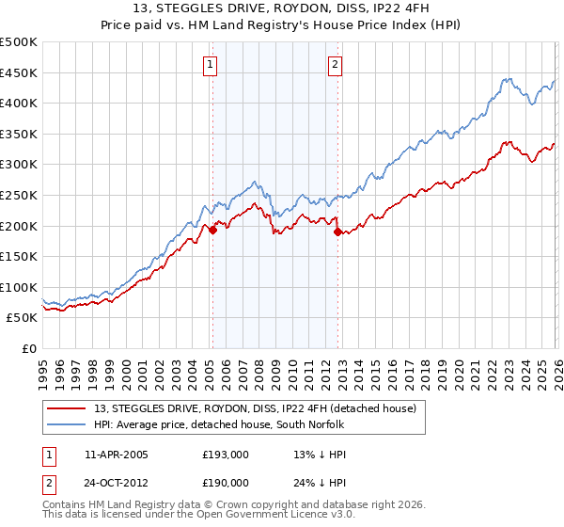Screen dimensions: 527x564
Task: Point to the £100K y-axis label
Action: point(19,287)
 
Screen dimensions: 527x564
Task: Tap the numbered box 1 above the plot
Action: point(209,65)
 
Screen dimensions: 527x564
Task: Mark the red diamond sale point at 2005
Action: point(212,229)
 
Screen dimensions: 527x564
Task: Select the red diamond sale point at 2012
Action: point(337,232)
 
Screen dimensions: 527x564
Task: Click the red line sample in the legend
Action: point(68,407)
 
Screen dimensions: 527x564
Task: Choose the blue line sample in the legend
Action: point(68,423)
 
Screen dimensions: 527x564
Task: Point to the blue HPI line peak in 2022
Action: point(506,80)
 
